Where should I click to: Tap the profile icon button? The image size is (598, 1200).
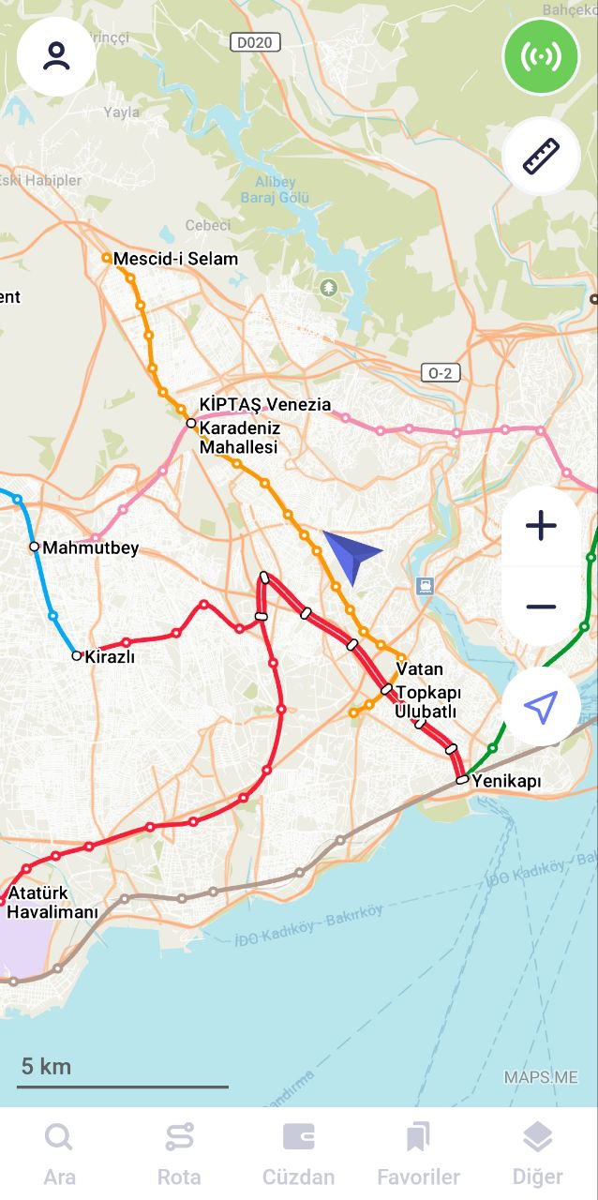pyautogui.click(x=56, y=56)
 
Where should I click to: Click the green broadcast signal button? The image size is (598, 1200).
pyautogui.click(x=542, y=56)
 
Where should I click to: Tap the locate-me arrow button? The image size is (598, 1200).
pyautogui.click(x=541, y=707)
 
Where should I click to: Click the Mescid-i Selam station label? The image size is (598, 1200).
pyautogui.click(x=175, y=259)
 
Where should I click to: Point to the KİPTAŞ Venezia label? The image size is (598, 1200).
pyautogui.click(x=265, y=405)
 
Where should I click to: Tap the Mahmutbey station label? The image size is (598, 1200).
pyautogui.click(x=90, y=547)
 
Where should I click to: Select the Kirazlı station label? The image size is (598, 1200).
pyautogui.click(x=110, y=657)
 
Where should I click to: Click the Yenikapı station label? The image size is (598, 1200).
pyautogui.click(x=506, y=781)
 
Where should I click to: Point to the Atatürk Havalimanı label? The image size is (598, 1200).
pyautogui.click(x=52, y=903)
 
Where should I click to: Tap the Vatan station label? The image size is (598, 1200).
pyautogui.click(x=419, y=669)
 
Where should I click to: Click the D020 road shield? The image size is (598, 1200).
pyautogui.click(x=255, y=42)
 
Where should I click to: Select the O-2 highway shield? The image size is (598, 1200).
pyautogui.click(x=440, y=373)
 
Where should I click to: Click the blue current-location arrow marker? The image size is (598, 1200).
pyautogui.click(x=350, y=554)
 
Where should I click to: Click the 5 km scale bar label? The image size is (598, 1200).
pyautogui.click(x=46, y=1066)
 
